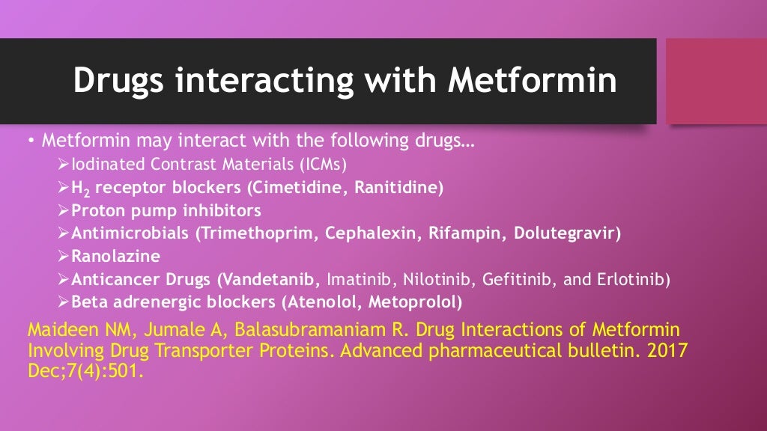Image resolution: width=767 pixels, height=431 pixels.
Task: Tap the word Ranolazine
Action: pyautogui.click(x=115, y=257)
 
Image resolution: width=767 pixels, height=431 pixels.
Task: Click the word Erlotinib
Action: pyautogui.click(x=631, y=280)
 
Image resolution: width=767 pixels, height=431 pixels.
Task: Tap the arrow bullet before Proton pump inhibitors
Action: pyautogui.click(x=63, y=210)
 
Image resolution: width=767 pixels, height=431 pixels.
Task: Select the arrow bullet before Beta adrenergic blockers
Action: pyautogui.click(x=63, y=303)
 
